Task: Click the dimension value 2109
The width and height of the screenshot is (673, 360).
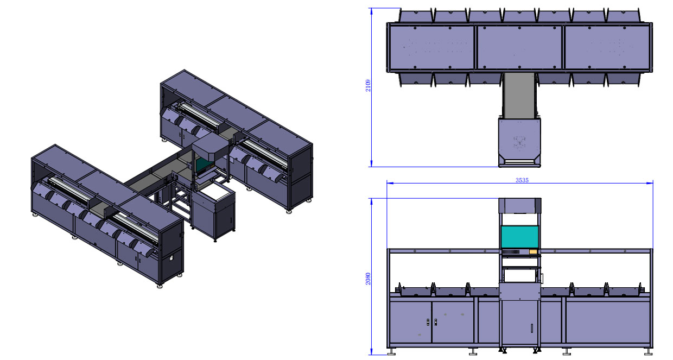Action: point(368,86)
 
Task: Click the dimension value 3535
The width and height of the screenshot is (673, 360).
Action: point(522,180)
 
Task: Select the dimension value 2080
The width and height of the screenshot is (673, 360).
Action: point(368,279)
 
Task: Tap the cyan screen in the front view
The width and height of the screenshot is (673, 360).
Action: point(519,237)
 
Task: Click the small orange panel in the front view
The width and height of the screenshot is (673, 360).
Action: point(533,251)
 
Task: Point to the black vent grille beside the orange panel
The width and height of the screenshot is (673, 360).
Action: point(511,251)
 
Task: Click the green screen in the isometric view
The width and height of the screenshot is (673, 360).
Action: point(204,164)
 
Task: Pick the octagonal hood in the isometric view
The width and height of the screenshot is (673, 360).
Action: point(211,147)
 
